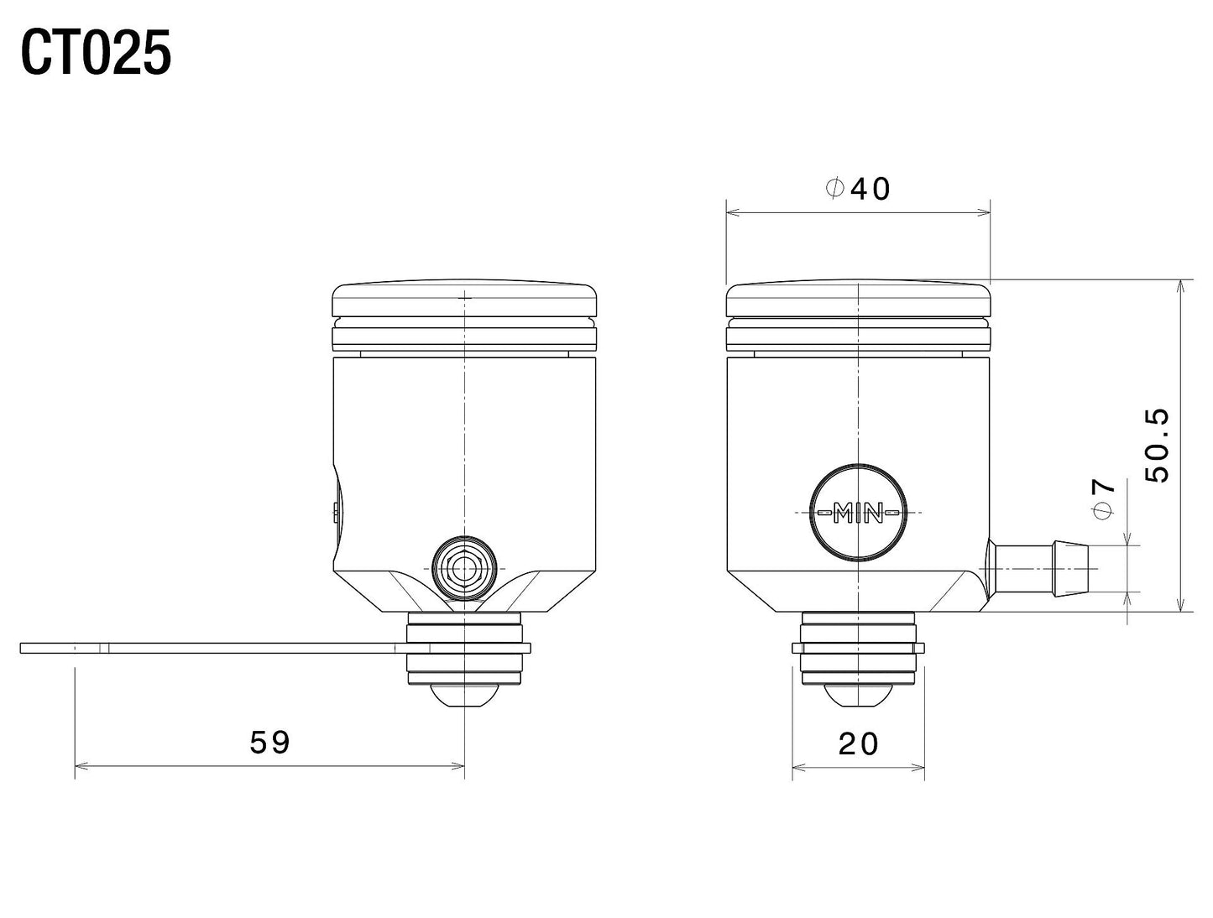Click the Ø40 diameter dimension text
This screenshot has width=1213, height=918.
[x=857, y=189]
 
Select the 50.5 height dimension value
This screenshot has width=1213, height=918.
[x=1158, y=445]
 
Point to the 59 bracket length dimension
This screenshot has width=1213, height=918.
[x=269, y=742]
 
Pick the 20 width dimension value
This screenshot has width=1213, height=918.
[x=858, y=743]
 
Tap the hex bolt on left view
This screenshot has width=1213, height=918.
[x=463, y=570]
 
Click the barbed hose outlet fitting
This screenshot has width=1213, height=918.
[x=1041, y=569]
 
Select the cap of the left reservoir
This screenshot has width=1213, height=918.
[x=464, y=299]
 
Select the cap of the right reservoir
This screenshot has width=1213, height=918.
[x=858, y=299]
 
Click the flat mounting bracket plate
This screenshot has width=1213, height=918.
[x=210, y=648]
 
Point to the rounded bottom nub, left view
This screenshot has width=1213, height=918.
[x=464, y=696]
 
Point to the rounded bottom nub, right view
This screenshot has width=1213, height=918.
[x=858, y=696]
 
